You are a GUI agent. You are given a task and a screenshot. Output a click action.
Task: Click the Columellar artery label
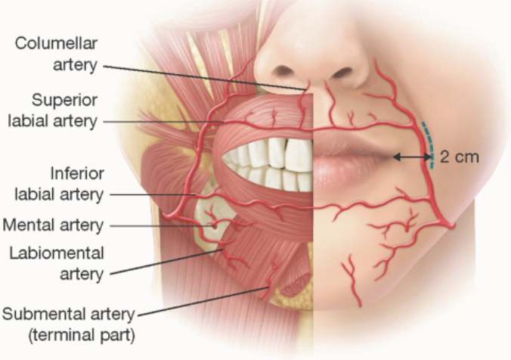pos(57,54)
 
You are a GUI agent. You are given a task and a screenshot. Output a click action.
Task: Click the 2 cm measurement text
pos(459,157)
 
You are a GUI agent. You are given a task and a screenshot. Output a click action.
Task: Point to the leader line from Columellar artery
pos(204,76)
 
